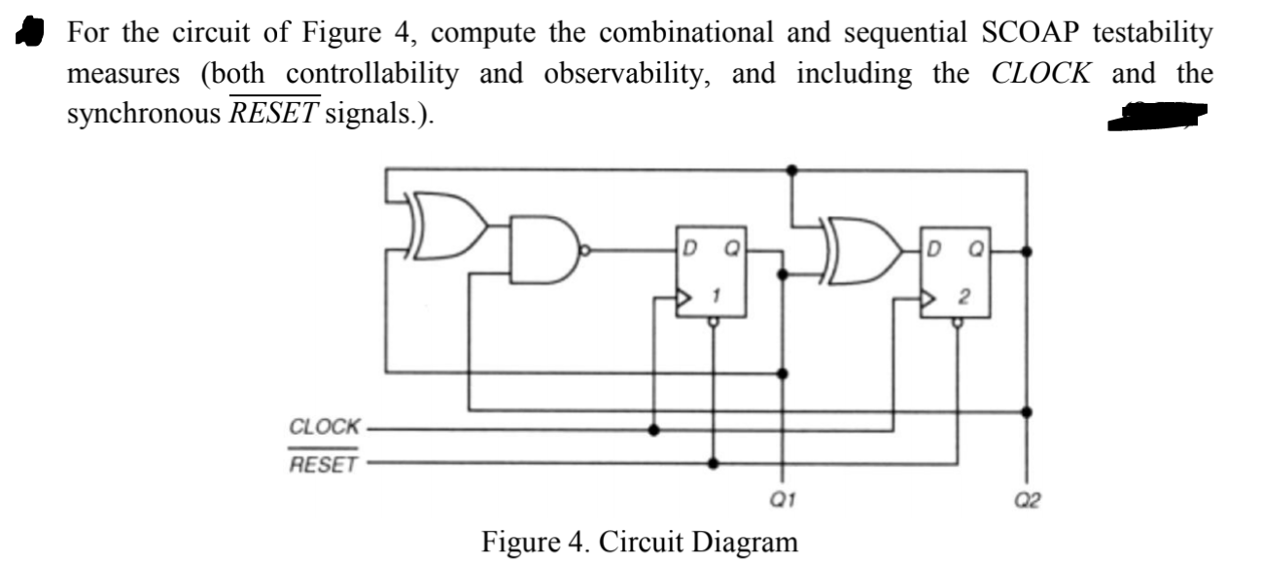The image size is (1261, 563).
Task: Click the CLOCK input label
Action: click(x=325, y=427)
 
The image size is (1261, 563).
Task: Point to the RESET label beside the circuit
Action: click(x=324, y=464)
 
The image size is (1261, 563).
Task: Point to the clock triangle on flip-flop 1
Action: click(x=685, y=294)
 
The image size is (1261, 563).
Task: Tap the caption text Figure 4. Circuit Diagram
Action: click(x=639, y=541)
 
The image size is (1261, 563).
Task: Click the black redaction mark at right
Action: click(x=1161, y=116)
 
